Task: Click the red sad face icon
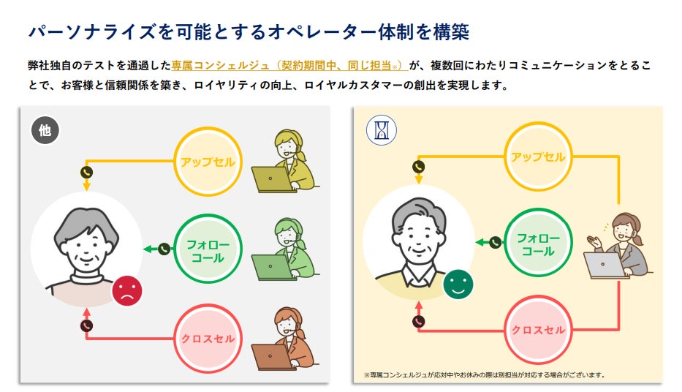(127, 290)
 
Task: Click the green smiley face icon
(458, 284)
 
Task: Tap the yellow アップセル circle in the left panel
(208, 162)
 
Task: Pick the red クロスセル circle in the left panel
(208, 339)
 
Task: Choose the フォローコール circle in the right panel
(538, 244)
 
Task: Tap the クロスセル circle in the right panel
(538, 330)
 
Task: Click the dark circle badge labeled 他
(45, 131)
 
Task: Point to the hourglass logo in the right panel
(381, 130)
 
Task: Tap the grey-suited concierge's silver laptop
(606, 265)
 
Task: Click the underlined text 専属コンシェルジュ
(210, 65)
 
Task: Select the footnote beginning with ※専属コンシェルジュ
(484, 375)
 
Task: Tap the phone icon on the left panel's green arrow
(164, 249)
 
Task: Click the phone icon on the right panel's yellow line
(418, 167)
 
